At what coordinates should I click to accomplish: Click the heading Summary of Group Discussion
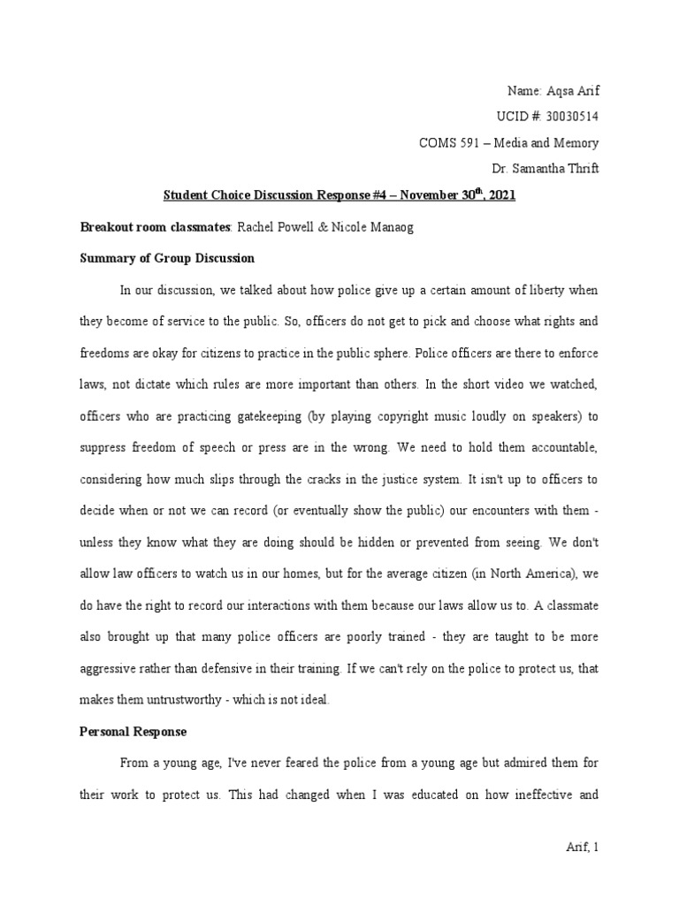click(x=167, y=258)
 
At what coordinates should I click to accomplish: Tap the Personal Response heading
click(x=133, y=732)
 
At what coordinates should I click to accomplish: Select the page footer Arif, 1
click(x=582, y=848)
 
